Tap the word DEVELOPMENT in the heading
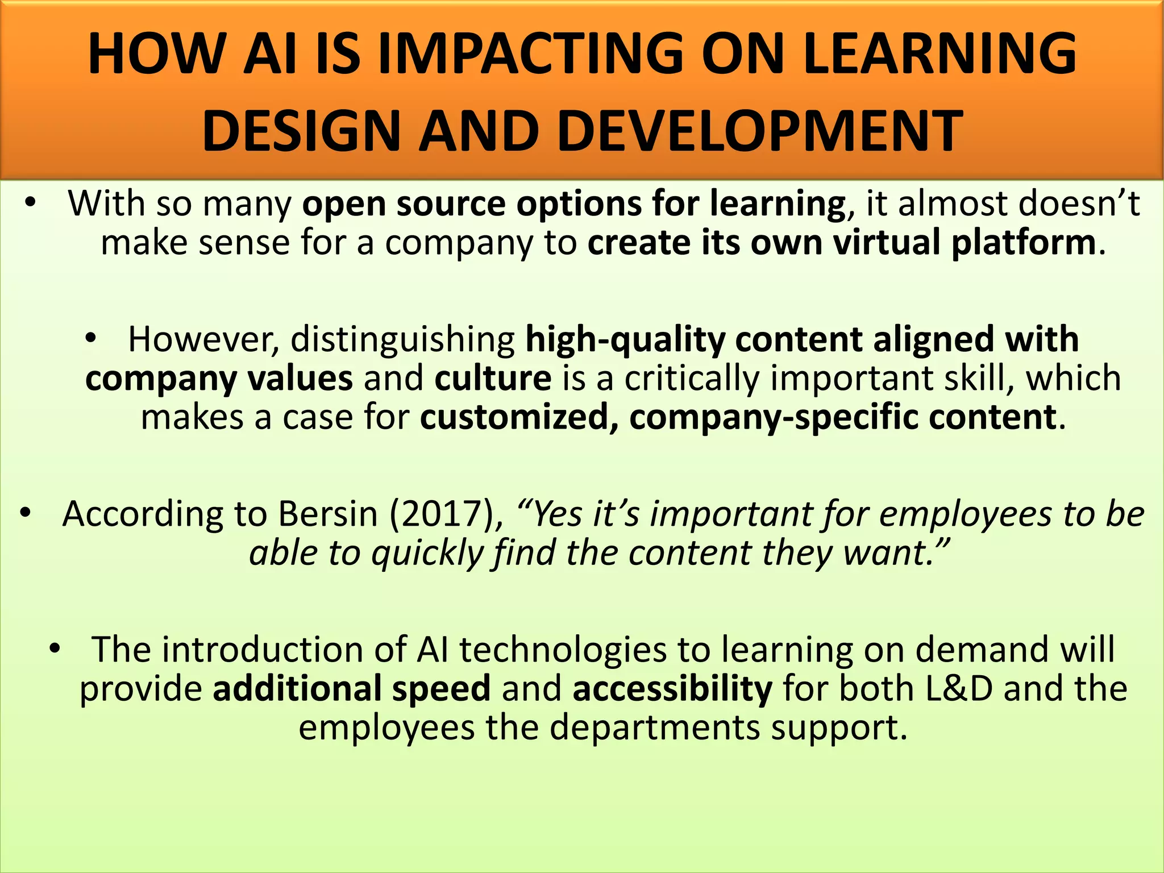click(x=760, y=131)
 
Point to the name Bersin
click(x=328, y=514)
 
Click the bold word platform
click(x=1024, y=243)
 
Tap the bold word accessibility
click(x=672, y=689)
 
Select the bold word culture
click(x=493, y=379)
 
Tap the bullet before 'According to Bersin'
click(x=25, y=513)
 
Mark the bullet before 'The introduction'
click(x=55, y=648)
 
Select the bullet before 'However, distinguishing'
click(x=90, y=339)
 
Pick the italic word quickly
click(x=427, y=553)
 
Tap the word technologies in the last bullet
click(x=563, y=650)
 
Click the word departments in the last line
click(x=655, y=728)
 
